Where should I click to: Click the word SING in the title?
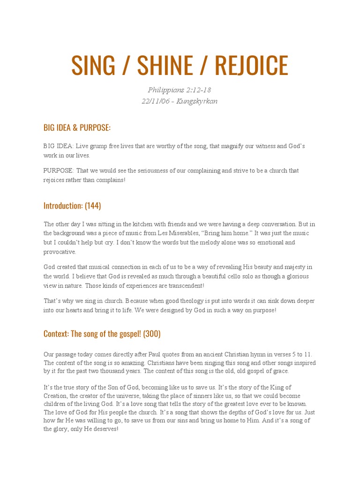93,66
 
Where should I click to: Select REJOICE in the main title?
251,66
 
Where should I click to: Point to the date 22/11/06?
157,101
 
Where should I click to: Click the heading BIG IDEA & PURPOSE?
77,128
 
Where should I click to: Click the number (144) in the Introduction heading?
93,206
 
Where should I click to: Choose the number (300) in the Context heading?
152,334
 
